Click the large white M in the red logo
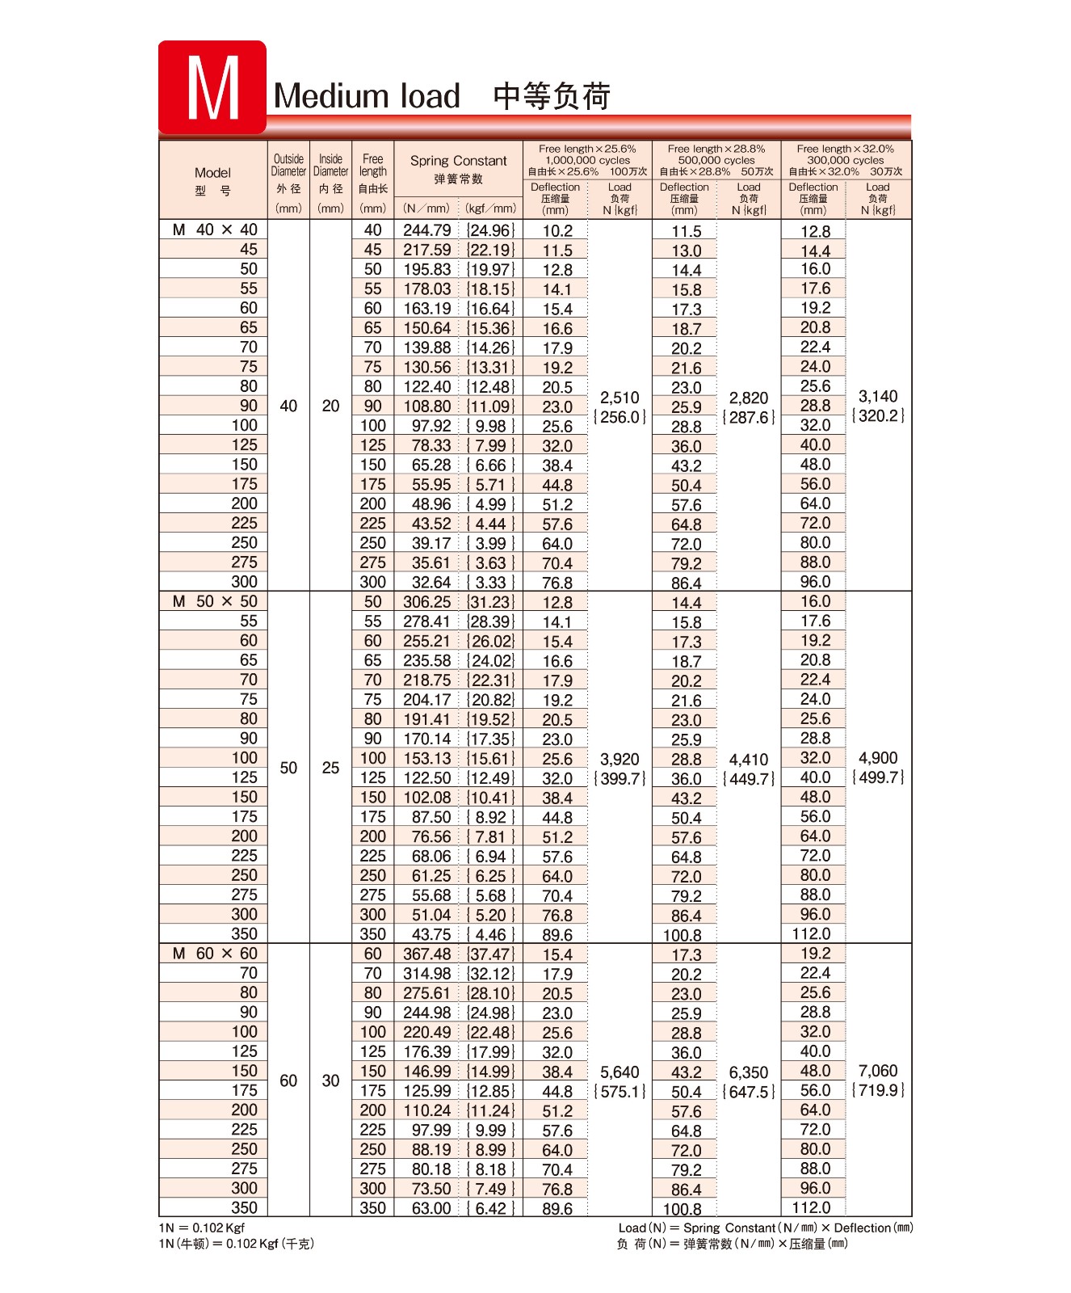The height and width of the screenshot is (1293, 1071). coord(212,88)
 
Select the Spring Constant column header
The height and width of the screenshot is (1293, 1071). coord(458,161)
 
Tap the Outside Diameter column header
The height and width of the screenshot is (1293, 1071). coord(288,165)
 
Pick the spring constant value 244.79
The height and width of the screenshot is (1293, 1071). coord(427,230)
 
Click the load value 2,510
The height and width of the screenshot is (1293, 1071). coord(619,398)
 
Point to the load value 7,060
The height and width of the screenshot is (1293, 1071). coord(878,1071)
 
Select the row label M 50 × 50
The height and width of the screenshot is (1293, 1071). coord(215,602)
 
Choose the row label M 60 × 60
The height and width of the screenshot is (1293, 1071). coord(215,954)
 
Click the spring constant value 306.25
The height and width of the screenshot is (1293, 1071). coord(427,602)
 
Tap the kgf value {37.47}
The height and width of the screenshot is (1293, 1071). coord(490,954)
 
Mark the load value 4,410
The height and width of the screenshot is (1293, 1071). coord(749,760)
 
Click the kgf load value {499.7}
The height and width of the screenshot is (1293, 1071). coord(878,777)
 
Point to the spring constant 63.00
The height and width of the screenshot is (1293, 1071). coord(431,1208)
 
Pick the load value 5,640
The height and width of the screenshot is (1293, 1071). coord(619,1072)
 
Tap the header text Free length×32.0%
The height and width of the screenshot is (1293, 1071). coord(845,149)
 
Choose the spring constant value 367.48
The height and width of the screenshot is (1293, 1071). coord(427,954)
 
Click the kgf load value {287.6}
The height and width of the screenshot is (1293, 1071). coord(749,417)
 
